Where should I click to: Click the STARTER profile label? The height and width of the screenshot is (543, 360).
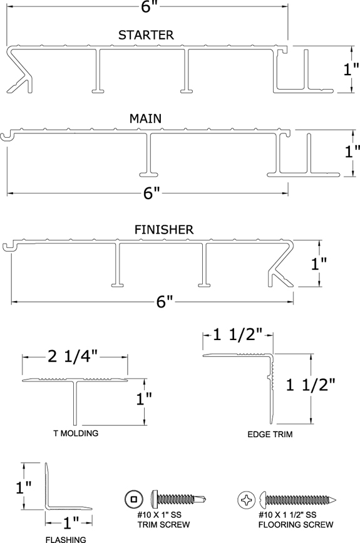click(x=146, y=35)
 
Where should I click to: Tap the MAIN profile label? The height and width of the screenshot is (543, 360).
click(x=145, y=118)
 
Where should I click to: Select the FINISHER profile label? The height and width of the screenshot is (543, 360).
click(x=164, y=230)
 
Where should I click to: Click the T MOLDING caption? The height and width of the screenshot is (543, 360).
click(x=76, y=433)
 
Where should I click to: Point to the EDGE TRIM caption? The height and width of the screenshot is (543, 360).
click(x=270, y=434)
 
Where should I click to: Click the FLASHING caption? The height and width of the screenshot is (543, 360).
click(x=66, y=539)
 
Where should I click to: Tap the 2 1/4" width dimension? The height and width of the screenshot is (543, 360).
click(x=73, y=356)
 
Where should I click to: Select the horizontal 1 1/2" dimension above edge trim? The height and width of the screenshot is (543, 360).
click(x=238, y=334)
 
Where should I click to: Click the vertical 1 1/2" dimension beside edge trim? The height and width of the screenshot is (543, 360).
click(x=311, y=385)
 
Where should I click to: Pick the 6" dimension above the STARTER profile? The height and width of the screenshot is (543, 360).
click(x=147, y=6)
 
